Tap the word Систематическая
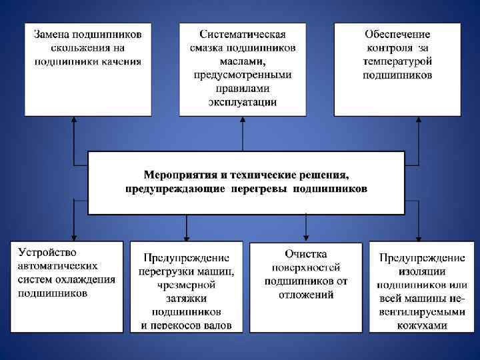[x=243, y=34]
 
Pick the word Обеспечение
[x=397, y=34]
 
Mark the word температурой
[x=397, y=61]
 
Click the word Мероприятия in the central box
[x=177, y=175]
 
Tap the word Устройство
[x=47, y=253]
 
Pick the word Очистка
[x=305, y=254]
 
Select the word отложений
[x=305, y=294]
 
